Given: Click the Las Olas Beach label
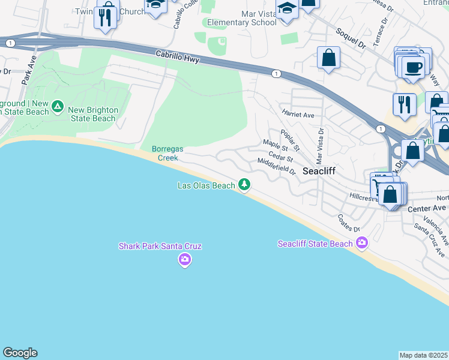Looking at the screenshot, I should pyautogui.click(x=206, y=185).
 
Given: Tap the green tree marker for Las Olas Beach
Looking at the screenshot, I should pyautogui.click(x=244, y=184).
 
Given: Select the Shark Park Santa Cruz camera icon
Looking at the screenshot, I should pyautogui.click(x=184, y=259).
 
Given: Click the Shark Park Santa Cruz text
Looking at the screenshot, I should pyautogui.click(x=160, y=246).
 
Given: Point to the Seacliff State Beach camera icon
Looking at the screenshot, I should pyautogui.click(x=361, y=242).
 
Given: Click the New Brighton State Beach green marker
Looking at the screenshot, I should pyautogui.click(x=58, y=107).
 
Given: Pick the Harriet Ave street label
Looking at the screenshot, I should pyautogui.click(x=298, y=115).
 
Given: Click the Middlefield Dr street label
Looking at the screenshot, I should pyautogui.click(x=277, y=166).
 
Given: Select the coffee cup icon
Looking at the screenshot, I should pyautogui.click(x=414, y=67).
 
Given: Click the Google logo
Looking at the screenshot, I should pyautogui.click(x=20, y=353).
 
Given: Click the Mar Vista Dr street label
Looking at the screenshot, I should pyautogui.click(x=321, y=145).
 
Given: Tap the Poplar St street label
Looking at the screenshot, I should pyautogui.click(x=289, y=140).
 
